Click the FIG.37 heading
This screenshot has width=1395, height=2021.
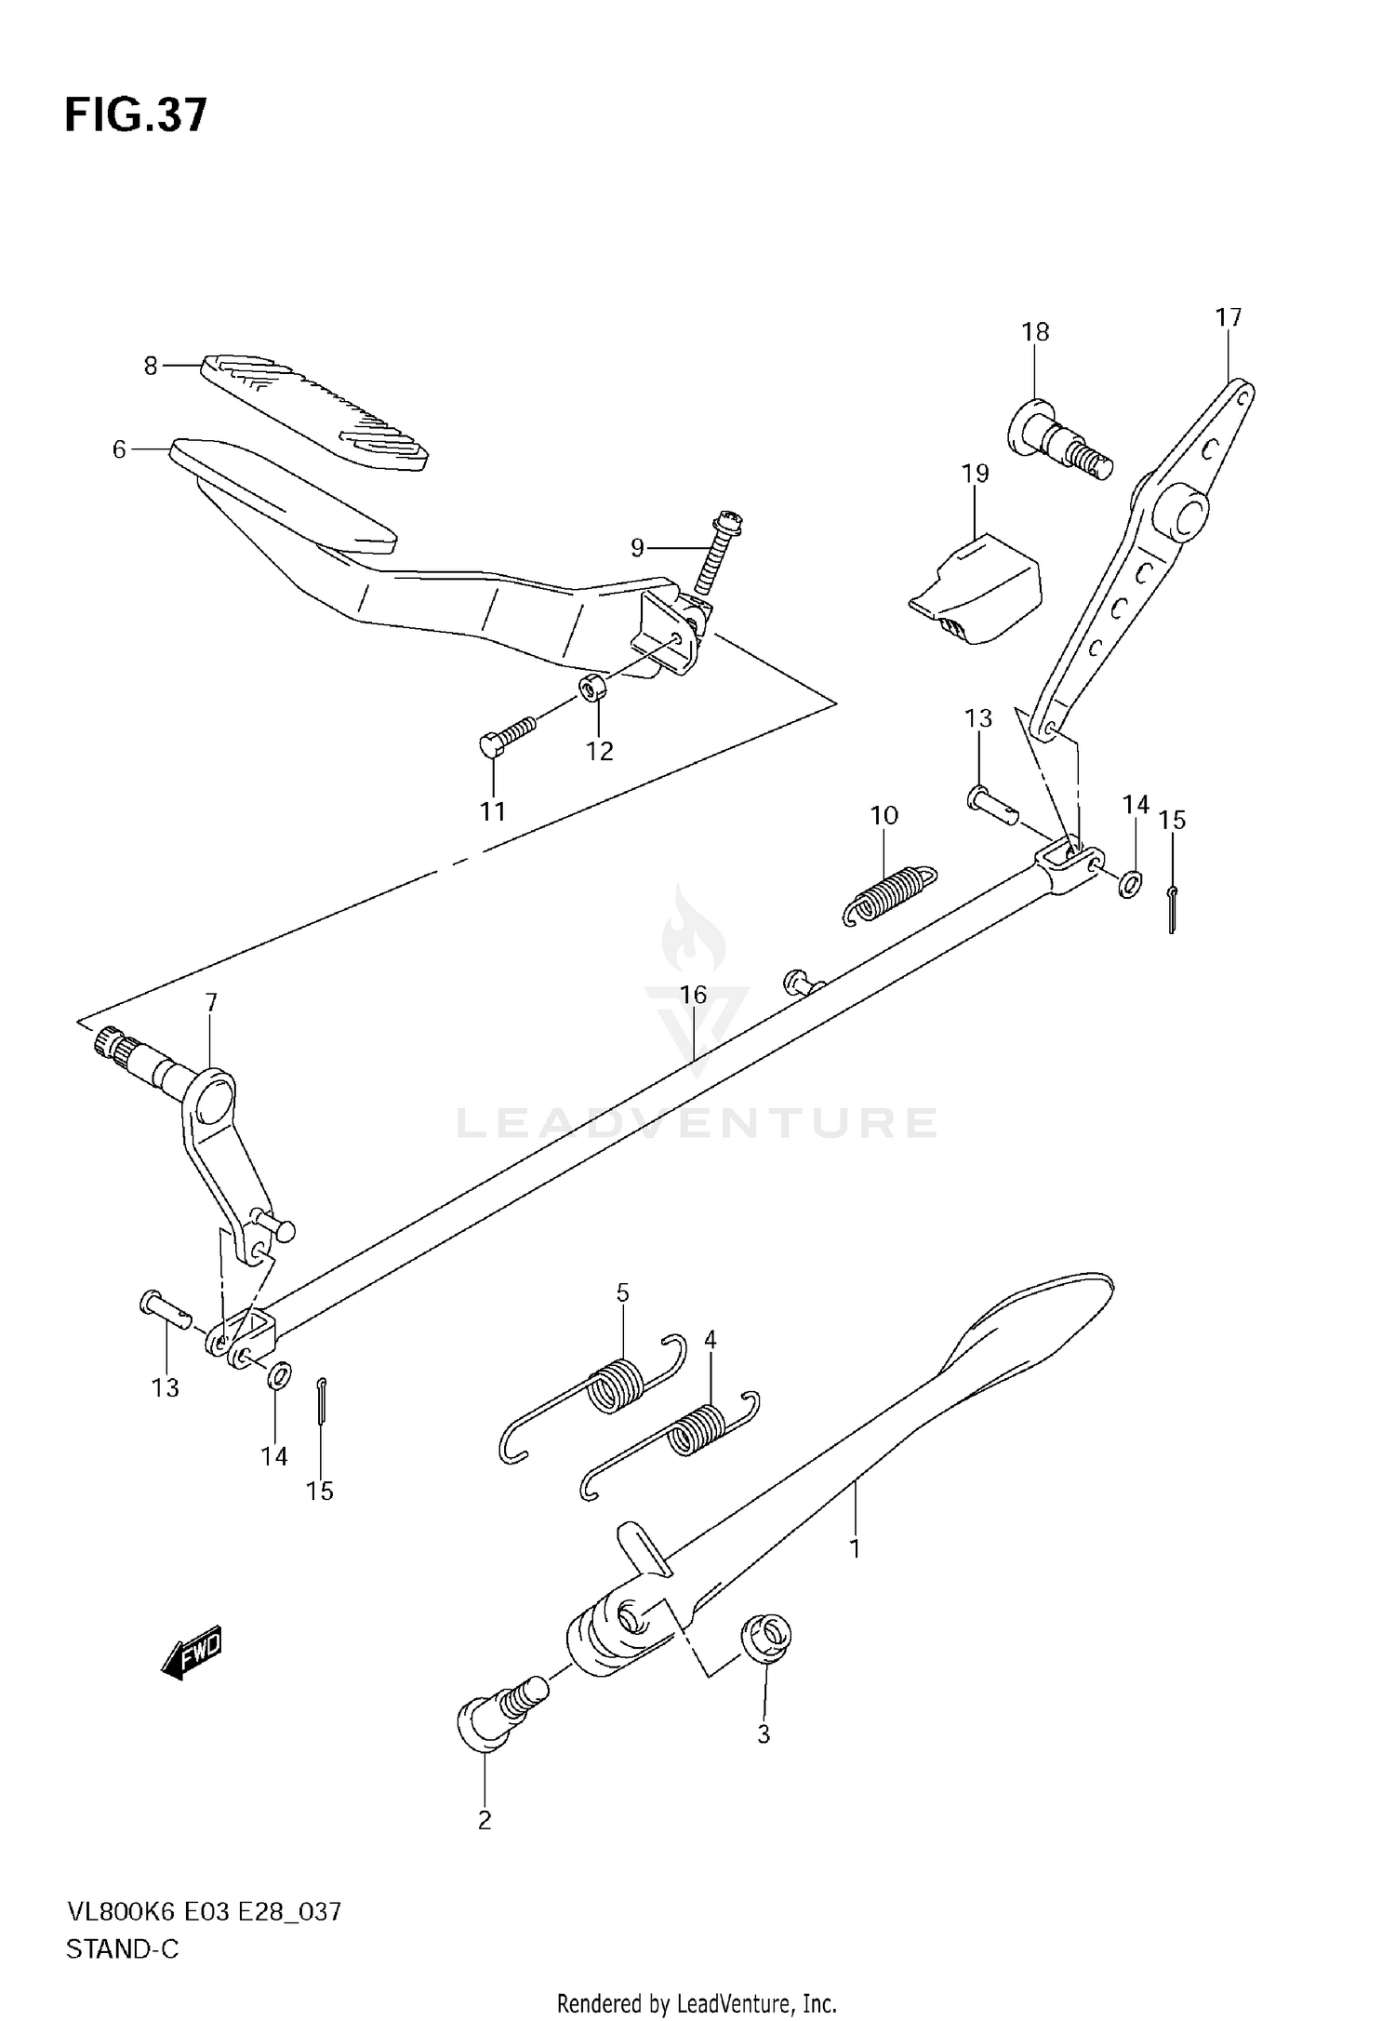[x=136, y=117]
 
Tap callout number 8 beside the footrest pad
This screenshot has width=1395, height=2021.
[x=151, y=366]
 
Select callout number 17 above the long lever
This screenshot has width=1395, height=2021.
[x=1228, y=317]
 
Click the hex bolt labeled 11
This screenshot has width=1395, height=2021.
[x=508, y=732]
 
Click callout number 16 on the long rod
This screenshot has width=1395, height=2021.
[x=693, y=995]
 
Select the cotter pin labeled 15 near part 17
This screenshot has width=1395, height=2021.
[x=1173, y=910]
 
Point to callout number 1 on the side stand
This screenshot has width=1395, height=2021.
[x=855, y=1548]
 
